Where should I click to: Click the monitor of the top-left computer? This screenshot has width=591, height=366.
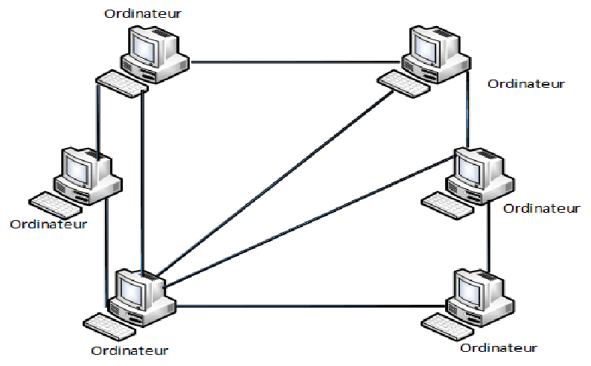145,46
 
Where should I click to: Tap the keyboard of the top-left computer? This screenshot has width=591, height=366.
121,83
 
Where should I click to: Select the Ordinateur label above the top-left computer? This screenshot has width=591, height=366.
142,13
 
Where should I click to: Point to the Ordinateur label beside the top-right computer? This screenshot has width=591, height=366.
525,83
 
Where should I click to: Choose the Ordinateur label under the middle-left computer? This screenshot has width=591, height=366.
49,223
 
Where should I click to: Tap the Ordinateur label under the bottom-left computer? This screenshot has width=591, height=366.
130,350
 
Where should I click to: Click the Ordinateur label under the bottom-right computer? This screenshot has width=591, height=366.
498,347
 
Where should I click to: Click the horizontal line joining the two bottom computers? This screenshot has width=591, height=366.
313,305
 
